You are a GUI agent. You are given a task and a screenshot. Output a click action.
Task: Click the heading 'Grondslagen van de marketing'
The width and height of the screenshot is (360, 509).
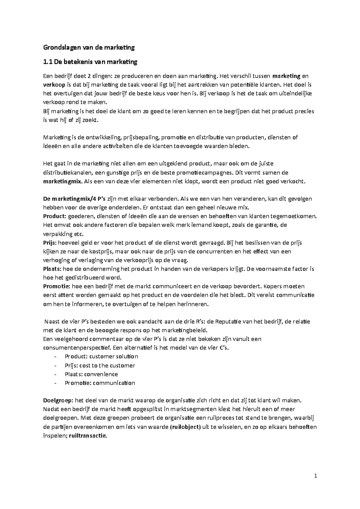tap(89, 47)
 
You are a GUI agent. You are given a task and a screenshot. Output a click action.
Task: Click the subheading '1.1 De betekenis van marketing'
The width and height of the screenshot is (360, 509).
tap(90, 62)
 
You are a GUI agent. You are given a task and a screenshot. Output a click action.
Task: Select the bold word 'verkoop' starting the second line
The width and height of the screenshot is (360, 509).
tap(53, 85)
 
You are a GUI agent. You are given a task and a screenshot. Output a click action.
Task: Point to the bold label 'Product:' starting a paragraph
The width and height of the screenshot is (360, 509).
tap(55, 216)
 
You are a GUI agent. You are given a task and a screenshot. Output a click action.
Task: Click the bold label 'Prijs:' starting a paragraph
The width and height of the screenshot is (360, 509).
tap(51, 243)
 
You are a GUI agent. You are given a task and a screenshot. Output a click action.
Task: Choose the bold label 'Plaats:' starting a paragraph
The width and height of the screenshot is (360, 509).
tap(52, 269)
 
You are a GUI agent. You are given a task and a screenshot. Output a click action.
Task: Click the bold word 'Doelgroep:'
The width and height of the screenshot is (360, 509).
tap(58, 400)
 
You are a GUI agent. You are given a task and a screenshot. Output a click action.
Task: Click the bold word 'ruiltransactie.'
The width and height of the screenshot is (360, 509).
tap(88, 436)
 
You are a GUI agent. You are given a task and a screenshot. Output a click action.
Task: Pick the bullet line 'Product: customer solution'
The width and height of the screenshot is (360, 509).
tap(101, 356)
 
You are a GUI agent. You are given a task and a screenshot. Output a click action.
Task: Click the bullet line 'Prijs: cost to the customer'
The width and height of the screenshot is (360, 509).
tap(100, 365)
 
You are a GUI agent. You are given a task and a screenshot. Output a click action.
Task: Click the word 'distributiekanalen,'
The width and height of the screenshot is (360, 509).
tap(68, 173)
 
